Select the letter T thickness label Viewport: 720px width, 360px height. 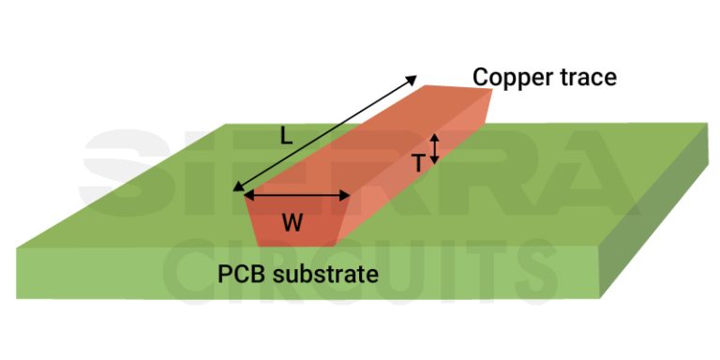pyautogui.click(x=418, y=163)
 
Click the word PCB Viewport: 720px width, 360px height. pyautogui.click(x=240, y=275)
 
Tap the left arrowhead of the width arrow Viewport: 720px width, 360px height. pyautogui.click(x=248, y=195)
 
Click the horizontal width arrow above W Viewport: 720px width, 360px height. pyautogui.click(x=297, y=195)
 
